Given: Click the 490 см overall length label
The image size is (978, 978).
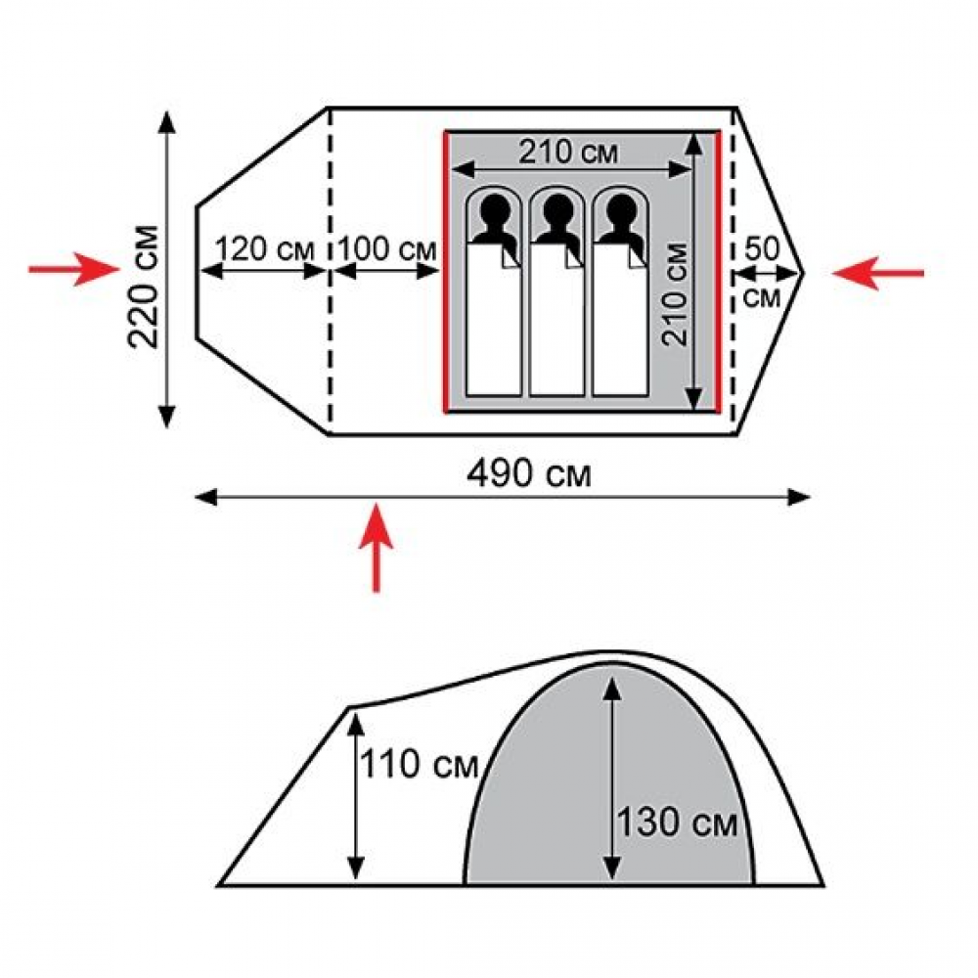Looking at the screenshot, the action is point(529,475).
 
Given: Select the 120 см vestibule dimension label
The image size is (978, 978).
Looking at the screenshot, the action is point(264,249).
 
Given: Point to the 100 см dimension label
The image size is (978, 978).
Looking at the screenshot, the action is point(387,249).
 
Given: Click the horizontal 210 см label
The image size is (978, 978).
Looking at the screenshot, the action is point(568,152).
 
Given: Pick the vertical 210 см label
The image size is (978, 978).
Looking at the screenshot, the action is point(675,293).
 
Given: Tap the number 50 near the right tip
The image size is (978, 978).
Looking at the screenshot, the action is point(762,248).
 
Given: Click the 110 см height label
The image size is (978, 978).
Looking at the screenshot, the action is point(420,764).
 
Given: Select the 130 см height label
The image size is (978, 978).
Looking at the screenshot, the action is point(678,822).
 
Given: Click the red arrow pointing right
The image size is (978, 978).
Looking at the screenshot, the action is point(74,270).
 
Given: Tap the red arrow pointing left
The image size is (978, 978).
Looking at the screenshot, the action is point(877,273).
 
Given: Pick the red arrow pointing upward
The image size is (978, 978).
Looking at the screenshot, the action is point(377,547).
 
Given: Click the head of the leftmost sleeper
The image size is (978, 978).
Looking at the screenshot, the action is point(494,208).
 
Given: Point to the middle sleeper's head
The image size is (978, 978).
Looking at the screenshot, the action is point(557,208).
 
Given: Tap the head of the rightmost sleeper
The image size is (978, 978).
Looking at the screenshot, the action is point(620,208).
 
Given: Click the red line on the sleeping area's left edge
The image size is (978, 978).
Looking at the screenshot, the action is point(446,272).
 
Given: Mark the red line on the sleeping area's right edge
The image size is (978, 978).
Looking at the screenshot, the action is point(718,272).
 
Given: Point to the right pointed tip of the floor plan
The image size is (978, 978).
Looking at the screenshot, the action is point(803,273).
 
